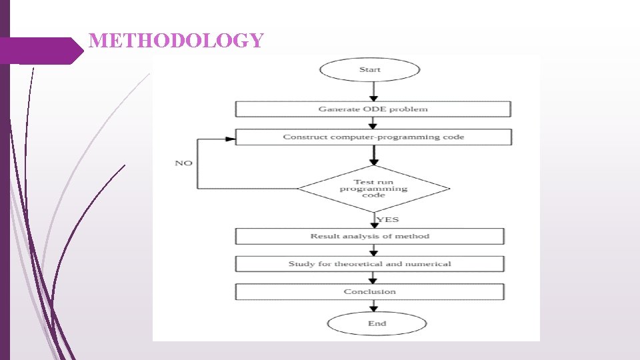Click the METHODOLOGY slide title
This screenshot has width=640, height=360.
click(177, 41)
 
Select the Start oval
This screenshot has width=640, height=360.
click(370, 70)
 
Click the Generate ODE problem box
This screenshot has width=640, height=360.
click(373, 109)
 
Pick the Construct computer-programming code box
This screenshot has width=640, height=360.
click(373, 137)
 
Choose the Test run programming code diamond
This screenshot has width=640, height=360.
click(374, 189)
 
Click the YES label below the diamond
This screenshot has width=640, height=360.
click(388, 219)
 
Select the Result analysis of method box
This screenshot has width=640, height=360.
click(370, 236)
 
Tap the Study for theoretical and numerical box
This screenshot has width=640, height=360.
click(370, 264)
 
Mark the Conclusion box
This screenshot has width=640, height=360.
click(370, 292)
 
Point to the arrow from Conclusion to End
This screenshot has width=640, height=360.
click(374, 306)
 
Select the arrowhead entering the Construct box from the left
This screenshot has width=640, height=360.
click(231, 139)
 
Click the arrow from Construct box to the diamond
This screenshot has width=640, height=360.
click(374, 155)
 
